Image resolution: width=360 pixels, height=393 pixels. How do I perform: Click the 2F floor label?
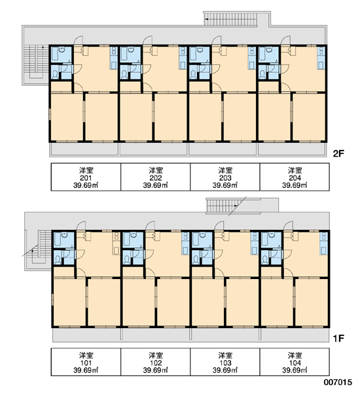(x=338, y=153)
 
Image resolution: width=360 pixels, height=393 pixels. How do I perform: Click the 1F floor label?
(x=338, y=339)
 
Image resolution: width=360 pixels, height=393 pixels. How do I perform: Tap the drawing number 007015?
(x=338, y=383)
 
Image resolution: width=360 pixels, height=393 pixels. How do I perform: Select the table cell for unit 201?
(x=86, y=177)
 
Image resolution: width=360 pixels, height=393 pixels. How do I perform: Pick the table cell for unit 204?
(x=295, y=177)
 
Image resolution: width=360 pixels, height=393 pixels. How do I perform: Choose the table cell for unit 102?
(x=156, y=362)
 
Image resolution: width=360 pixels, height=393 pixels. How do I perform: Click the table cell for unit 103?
(x=225, y=362)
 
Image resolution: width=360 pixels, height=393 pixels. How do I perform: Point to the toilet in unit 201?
(x=55, y=73)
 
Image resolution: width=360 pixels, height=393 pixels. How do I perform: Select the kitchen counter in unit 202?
(x=182, y=58)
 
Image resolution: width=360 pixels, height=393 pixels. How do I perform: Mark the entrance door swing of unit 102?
(x=150, y=225)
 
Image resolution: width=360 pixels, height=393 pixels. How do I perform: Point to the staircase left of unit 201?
(x=36, y=62)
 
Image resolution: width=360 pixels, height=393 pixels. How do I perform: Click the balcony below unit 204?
(x=293, y=149)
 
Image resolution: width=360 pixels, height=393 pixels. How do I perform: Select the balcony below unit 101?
(x=87, y=335)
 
